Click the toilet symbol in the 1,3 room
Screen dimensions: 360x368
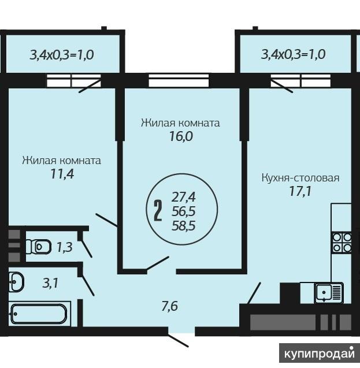[38, 247]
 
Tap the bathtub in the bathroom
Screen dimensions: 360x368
[39, 314]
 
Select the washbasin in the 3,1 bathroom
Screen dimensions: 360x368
[16, 282]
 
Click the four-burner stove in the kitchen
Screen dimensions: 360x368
[342, 243]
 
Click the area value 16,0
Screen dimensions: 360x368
[181, 136]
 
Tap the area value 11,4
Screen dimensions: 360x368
[62, 174]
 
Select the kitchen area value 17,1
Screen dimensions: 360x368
[300, 191]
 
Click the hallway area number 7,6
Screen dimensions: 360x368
[170, 306]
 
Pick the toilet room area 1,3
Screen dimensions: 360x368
[65, 247]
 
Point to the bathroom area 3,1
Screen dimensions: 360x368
[50, 283]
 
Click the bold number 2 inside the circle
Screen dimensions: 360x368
[158, 211]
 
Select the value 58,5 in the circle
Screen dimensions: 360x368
[184, 226]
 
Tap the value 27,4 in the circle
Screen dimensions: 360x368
[184, 196]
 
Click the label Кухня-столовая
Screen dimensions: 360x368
[300, 178]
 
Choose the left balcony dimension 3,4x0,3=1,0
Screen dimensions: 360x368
[62, 55]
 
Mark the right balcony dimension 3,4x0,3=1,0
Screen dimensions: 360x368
[294, 54]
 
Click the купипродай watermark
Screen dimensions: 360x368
[320, 353]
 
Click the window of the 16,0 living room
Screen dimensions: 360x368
[179, 80]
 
